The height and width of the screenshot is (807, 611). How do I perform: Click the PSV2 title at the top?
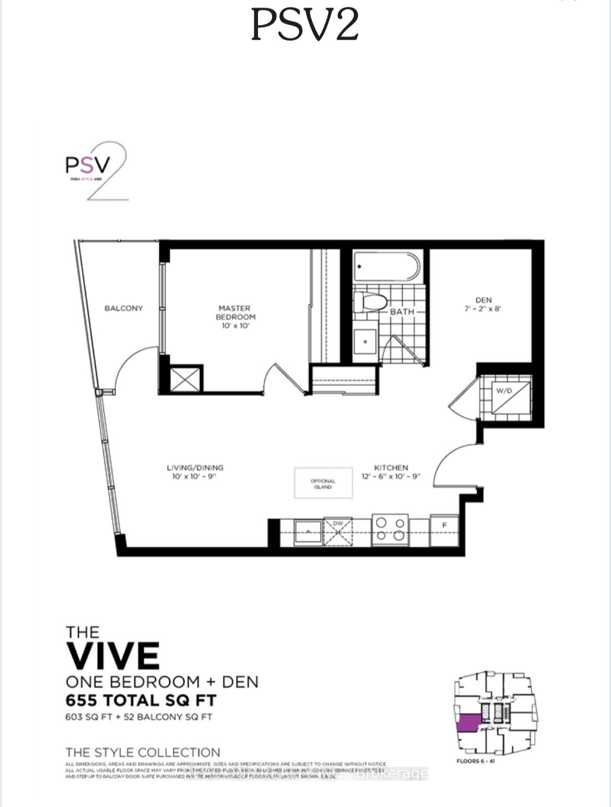click(x=305, y=25)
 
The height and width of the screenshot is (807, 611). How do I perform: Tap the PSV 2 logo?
click(x=96, y=170)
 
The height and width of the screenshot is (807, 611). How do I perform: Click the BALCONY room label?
click(x=123, y=308)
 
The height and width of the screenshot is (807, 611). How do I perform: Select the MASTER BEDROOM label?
click(x=236, y=313)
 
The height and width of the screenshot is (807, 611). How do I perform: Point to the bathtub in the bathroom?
click(x=387, y=267)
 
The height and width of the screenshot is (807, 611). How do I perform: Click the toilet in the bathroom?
click(x=370, y=302)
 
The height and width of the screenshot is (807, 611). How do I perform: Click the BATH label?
click(x=402, y=312)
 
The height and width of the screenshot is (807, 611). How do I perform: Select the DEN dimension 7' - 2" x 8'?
click(x=483, y=309)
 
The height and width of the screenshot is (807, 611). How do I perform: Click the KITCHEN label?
click(x=391, y=467)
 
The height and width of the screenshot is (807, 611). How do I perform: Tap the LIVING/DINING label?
click(x=195, y=467)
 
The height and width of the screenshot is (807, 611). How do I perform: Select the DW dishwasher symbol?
click(x=338, y=532)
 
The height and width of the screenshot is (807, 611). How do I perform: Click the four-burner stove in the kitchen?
click(x=390, y=530)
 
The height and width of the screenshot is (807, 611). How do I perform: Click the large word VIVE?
click(x=113, y=656)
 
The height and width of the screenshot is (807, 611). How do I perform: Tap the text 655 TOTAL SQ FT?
click(x=141, y=700)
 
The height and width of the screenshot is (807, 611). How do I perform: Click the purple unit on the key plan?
click(x=468, y=723)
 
